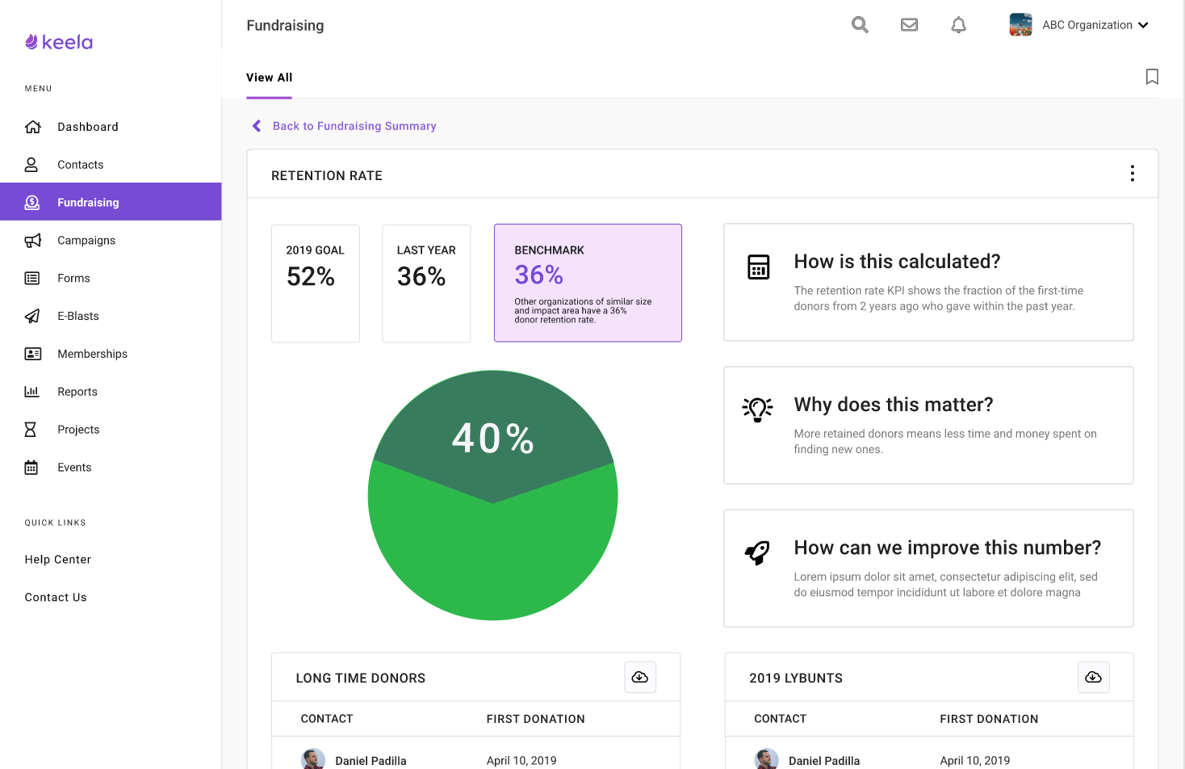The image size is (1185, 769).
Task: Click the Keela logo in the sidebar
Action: pyautogui.click(x=59, y=42)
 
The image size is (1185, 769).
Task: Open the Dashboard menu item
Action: pyautogui.click(x=87, y=127)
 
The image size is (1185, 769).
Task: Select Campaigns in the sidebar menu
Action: pyautogui.click(x=86, y=241)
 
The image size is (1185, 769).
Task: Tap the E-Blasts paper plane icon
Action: pyautogui.click(x=32, y=316)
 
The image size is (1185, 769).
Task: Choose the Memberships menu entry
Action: pyautogui.click(x=92, y=354)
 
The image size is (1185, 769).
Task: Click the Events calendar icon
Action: pyautogui.click(x=31, y=468)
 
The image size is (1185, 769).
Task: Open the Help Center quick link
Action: pyautogui.click(x=57, y=560)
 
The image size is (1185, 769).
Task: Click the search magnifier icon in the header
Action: pyautogui.click(x=860, y=25)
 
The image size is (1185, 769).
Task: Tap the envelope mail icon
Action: pyautogui.click(x=909, y=25)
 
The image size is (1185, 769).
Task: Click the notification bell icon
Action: pyautogui.click(x=958, y=25)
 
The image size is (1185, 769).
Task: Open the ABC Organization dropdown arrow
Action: pyautogui.click(x=1143, y=25)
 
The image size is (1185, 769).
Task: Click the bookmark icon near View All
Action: pyautogui.click(x=1152, y=77)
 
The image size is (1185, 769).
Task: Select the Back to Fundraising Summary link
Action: pyautogui.click(x=354, y=126)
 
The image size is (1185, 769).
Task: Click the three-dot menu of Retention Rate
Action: pyautogui.click(x=1132, y=174)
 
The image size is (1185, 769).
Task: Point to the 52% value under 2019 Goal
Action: pyautogui.click(x=311, y=277)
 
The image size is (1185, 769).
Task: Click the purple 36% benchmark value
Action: pyautogui.click(x=538, y=275)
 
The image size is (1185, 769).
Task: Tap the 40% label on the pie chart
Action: pyautogui.click(x=492, y=439)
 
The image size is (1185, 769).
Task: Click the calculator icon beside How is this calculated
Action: pyautogui.click(x=758, y=267)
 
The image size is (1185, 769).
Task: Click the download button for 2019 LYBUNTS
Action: pyautogui.click(x=1093, y=677)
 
